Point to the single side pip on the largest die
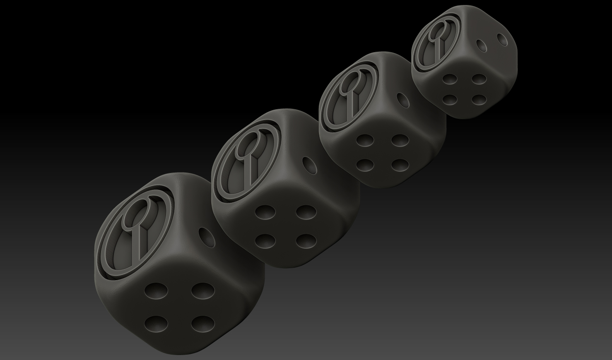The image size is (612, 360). point(207,238)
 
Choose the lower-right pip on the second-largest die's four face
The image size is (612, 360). point(306,240)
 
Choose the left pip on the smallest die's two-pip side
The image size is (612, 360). point(481,45)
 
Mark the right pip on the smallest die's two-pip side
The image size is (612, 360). point(503,39)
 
